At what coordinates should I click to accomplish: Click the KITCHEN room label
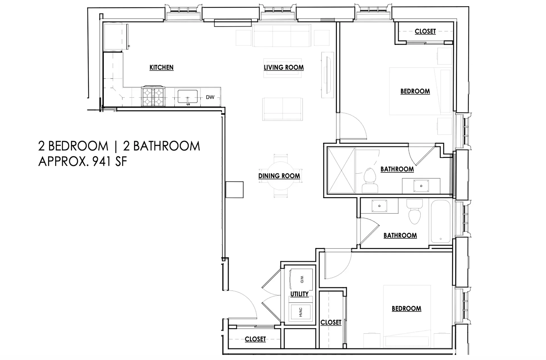point(162,67)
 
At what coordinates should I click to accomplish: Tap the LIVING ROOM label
point(284,67)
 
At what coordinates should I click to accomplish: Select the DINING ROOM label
point(279,176)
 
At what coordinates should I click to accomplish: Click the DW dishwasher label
point(210,97)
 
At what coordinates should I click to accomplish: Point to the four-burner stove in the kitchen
point(153,97)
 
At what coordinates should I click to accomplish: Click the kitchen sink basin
point(188,96)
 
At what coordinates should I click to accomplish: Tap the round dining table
point(280,176)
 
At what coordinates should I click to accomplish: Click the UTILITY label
point(299,294)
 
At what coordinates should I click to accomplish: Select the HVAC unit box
point(301,312)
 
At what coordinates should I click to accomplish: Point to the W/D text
point(302,279)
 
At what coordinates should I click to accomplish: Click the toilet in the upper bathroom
point(370,180)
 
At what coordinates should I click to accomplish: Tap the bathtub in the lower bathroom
point(440,222)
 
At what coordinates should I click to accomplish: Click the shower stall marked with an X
point(341,170)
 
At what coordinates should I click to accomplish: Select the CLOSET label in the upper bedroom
point(425,32)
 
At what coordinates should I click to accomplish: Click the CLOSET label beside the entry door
point(255,339)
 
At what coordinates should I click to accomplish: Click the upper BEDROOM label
point(415,91)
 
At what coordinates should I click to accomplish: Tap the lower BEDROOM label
point(407,309)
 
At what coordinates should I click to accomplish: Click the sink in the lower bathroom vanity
point(379,206)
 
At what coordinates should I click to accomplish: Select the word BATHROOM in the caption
point(167,146)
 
